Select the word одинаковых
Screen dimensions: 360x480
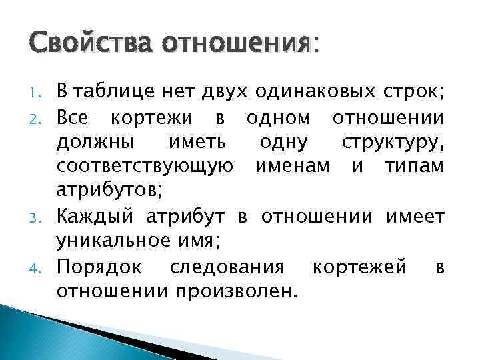tap(298, 91)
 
